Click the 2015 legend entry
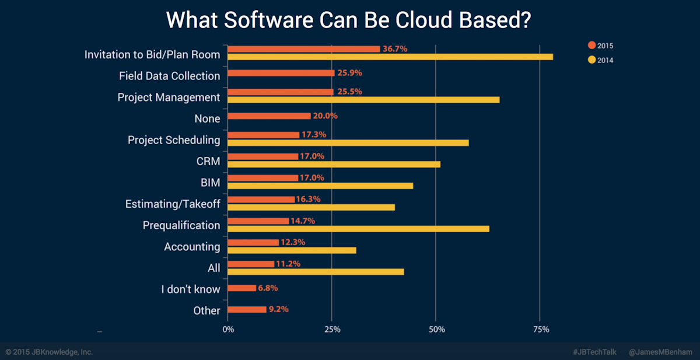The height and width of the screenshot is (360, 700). click(601, 46)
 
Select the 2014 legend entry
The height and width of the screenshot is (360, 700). click(601, 60)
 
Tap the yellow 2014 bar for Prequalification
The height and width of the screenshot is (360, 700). click(358, 229)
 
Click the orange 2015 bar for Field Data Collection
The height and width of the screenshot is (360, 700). click(281, 73)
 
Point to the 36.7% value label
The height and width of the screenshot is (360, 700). click(395, 49)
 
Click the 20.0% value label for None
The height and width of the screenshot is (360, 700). click(325, 116)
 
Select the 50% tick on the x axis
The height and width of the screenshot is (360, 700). click(436, 330)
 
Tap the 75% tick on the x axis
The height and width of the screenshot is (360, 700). click(541, 330)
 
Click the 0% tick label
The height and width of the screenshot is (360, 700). click(228, 330)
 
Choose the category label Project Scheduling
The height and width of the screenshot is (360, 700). click(174, 140)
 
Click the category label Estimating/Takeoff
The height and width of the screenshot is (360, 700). click(173, 204)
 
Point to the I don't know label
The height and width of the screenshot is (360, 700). click(191, 289)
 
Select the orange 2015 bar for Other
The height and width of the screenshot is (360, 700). click(247, 309)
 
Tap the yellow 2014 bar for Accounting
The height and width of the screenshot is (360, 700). click(291, 250)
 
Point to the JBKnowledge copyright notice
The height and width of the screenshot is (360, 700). click(49, 352)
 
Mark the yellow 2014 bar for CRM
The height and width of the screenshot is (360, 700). click(333, 164)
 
